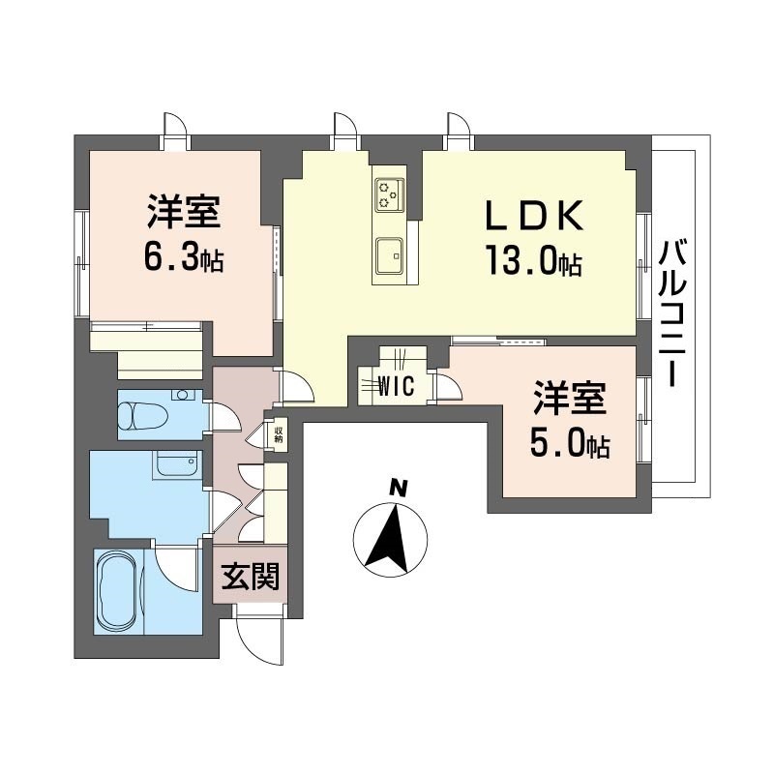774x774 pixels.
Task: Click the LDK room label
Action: click(x=535, y=216)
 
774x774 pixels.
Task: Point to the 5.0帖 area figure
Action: click(x=570, y=442)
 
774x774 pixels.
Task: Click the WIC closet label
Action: click(x=396, y=386)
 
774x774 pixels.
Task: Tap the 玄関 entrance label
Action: click(x=251, y=576)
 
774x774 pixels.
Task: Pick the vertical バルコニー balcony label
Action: click(x=671, y=313)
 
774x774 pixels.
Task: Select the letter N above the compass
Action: click(x=398, y=489)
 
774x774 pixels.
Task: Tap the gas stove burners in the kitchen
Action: click(x=390, y=195)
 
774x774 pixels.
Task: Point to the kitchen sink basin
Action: click(x=389, y=256)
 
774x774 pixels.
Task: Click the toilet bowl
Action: click(x=139, y=415)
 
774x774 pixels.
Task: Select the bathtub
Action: click(x=118, y=591)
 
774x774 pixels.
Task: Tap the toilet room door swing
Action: click(x=225, y=416)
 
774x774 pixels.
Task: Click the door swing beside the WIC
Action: click(x=448, y=385)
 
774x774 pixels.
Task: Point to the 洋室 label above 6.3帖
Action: click(x=184, y=212)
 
